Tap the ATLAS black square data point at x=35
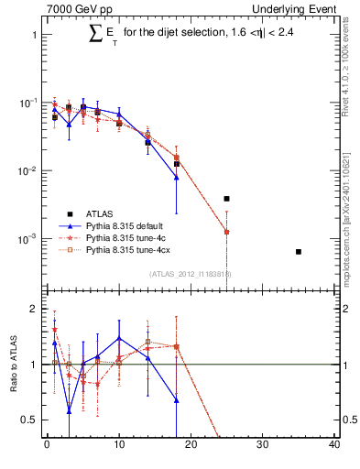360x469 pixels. [x=299, y=251]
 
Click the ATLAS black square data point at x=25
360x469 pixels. [x=226, y=199]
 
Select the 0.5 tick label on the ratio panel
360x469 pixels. [x=30, y=420]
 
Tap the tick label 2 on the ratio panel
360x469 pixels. [x=35, y=310]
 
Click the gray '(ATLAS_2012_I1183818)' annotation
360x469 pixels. [x=190, y=273]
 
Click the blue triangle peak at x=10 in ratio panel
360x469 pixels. [x=119, y=338]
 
